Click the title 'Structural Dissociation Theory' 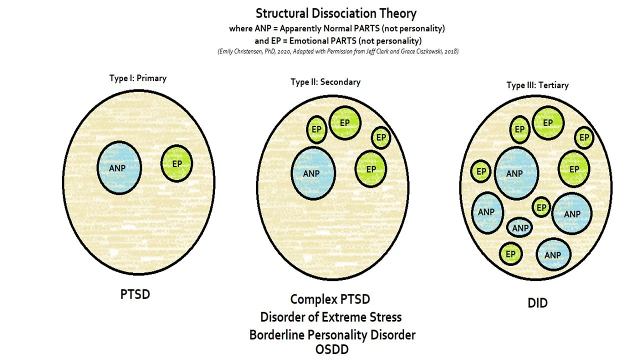click(336, 13)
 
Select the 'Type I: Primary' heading click(137, 78)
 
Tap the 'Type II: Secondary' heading click(325, 82)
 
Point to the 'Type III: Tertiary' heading click(537, 85)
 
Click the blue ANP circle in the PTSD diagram click(118, 168)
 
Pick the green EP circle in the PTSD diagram click(176, 163)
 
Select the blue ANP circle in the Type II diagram click(313, 173)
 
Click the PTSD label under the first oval click(135, 294)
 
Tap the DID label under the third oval click(537, 303)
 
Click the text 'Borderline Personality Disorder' click(332, 334)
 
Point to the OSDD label click(332, 349)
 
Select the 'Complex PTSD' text click(330, 299)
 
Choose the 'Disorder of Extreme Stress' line click(330, 317)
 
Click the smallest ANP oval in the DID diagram click(520, 228)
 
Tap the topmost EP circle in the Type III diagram click(548, 122)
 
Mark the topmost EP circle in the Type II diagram click(344, 122)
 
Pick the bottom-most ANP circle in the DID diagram click(552, 255)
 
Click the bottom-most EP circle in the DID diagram click(510, 254)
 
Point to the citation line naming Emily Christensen click(338, 51)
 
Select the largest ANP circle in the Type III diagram click(516, 173)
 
